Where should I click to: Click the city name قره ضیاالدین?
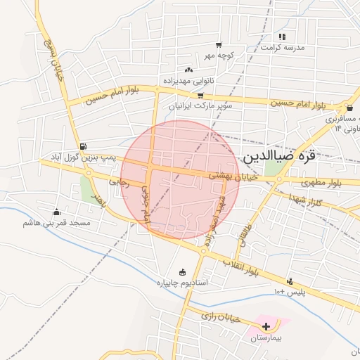click(277, 156)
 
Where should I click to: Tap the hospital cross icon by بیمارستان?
click(266, 326)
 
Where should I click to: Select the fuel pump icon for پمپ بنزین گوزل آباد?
click(84, 146)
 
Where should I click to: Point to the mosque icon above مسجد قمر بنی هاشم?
click(56, 212)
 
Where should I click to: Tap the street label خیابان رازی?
click(221, 317)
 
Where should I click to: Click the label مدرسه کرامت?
click(283, 47)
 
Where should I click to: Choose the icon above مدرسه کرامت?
click(282, 37)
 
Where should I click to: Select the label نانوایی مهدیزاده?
click(188, 80)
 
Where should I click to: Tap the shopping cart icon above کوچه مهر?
click(219, 44)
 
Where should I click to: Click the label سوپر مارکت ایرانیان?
click(200, 105)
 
